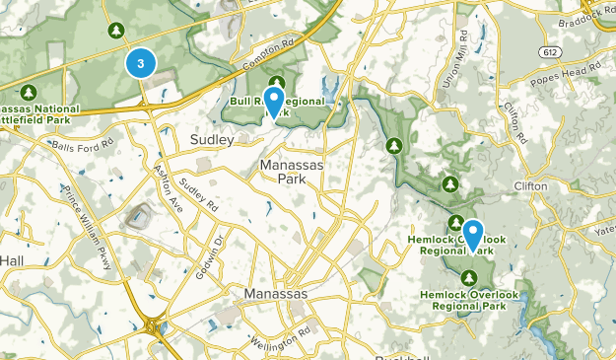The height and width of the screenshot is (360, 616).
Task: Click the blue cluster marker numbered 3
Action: [142, 64]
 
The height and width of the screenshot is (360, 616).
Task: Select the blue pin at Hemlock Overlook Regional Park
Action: [473, 234]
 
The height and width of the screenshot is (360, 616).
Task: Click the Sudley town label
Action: [211, 140]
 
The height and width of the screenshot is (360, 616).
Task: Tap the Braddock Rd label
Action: [591, 14]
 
